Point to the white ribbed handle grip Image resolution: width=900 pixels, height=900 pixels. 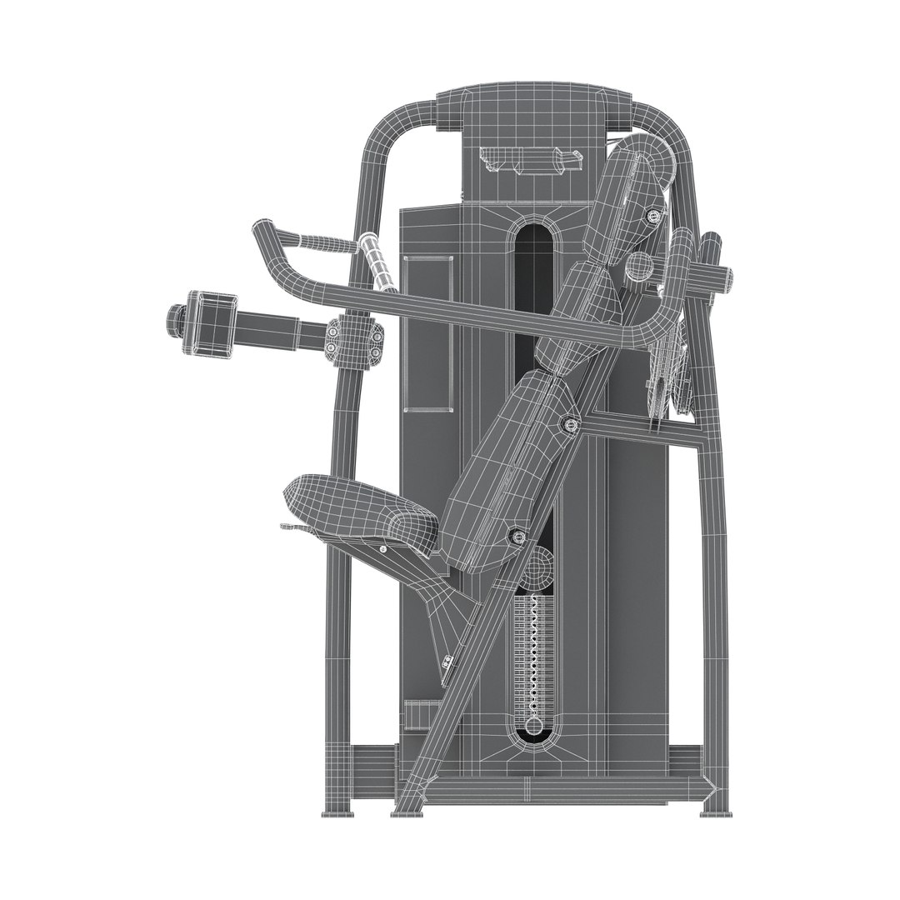coord(380,262)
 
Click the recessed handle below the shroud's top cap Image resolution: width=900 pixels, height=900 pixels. coord(528,160)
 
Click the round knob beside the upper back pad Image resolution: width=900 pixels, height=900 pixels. coord(638,267)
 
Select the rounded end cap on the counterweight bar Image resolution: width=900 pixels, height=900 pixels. coord(175,321)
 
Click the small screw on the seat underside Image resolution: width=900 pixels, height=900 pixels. coord(382,548)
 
